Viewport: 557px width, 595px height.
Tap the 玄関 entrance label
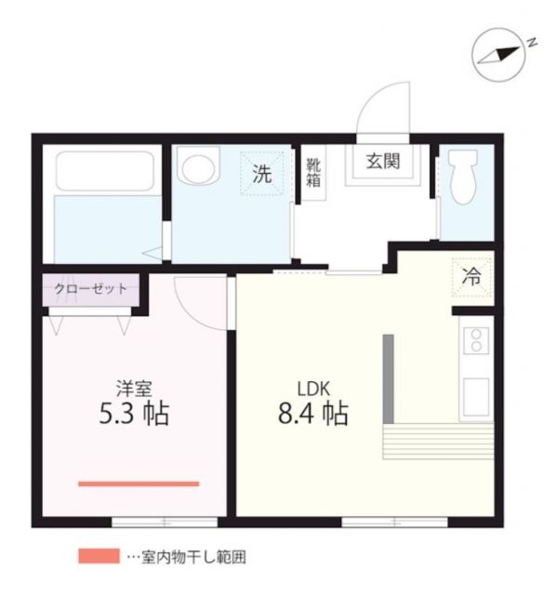(381, 160)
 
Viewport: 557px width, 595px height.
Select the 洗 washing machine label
(263, 173)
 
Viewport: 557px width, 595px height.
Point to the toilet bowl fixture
(461, 178)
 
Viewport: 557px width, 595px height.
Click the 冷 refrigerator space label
(471, 275)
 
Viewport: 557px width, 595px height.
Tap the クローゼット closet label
(90, 288)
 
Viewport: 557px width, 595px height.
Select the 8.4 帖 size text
(313, 412)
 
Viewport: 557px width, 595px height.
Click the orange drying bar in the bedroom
(138, 483)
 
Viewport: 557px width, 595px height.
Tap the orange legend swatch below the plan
(98, 557)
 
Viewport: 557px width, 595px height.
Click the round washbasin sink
(197, 168)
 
